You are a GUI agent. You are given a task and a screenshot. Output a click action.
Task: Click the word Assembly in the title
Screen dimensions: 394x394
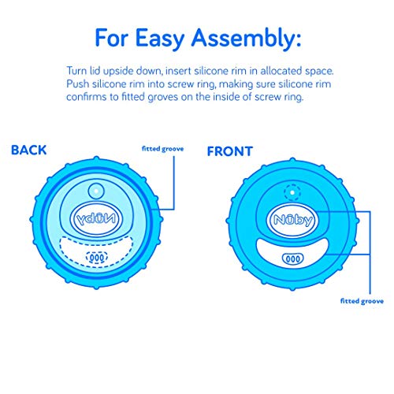tap(246, 39)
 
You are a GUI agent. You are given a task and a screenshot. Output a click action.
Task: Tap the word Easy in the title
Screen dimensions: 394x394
tap(159, 39)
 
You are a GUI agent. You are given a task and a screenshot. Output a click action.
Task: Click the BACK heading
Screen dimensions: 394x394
tap(29, 150)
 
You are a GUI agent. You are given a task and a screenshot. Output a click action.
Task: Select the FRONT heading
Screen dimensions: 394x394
tap(230, 151)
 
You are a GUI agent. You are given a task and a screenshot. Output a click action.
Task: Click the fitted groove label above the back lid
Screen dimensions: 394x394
tap(162, 149)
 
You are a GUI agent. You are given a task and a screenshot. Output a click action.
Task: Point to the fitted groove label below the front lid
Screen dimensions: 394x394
tap(362, 301)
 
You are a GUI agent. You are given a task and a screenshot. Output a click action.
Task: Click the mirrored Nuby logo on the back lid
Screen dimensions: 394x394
tap(96, 219)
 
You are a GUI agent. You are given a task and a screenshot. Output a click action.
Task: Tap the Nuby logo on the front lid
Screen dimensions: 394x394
tap(293, 220)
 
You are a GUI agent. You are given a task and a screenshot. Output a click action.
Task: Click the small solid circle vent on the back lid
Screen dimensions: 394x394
tap(96, 191)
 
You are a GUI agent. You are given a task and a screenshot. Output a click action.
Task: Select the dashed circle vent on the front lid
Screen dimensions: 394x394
tap(292, 192)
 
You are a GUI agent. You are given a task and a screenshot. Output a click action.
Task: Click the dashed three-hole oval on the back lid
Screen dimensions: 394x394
tap(97, 258)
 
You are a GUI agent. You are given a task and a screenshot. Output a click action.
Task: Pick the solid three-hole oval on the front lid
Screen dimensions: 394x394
tap(292, 258)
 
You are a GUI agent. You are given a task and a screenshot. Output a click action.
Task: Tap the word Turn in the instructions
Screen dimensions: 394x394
tap(76, 71)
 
